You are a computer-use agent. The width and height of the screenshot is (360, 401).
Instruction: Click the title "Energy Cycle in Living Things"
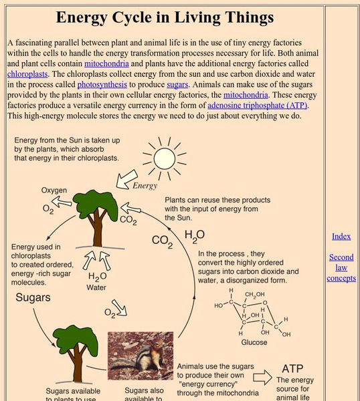(165, 17)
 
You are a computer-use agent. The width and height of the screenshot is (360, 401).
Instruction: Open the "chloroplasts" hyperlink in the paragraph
(27, 74)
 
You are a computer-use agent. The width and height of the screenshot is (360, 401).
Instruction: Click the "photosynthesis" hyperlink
(102, 85)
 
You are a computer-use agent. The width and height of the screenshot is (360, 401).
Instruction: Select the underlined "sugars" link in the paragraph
(177, 85)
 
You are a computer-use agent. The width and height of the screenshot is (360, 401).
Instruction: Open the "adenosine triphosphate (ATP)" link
(258, 106)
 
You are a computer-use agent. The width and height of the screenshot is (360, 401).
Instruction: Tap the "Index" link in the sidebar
(341, 237)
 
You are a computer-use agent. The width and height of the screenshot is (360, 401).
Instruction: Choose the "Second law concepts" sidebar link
(341, 267)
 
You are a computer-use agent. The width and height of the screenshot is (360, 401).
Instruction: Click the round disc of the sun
(165, 159)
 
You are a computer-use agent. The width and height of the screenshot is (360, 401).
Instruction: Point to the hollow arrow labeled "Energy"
(126, 180)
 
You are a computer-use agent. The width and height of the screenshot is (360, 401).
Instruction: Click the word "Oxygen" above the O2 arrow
(54, 190)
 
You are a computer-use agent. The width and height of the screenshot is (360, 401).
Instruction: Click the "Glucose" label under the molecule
(254, 342)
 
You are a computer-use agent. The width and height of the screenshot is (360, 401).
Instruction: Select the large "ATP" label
(292, 369)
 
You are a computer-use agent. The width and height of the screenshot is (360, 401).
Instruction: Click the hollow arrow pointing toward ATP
(262, 378)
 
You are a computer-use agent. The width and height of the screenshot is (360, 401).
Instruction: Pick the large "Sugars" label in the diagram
(33, 297)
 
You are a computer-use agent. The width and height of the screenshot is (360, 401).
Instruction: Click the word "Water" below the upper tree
(96, 287)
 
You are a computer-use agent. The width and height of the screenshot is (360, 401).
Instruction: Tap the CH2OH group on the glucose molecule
(254, 295)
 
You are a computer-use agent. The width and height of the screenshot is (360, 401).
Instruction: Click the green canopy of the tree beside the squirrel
(76, 338)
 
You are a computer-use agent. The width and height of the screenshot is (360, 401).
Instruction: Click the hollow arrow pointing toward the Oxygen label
(62, 202)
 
